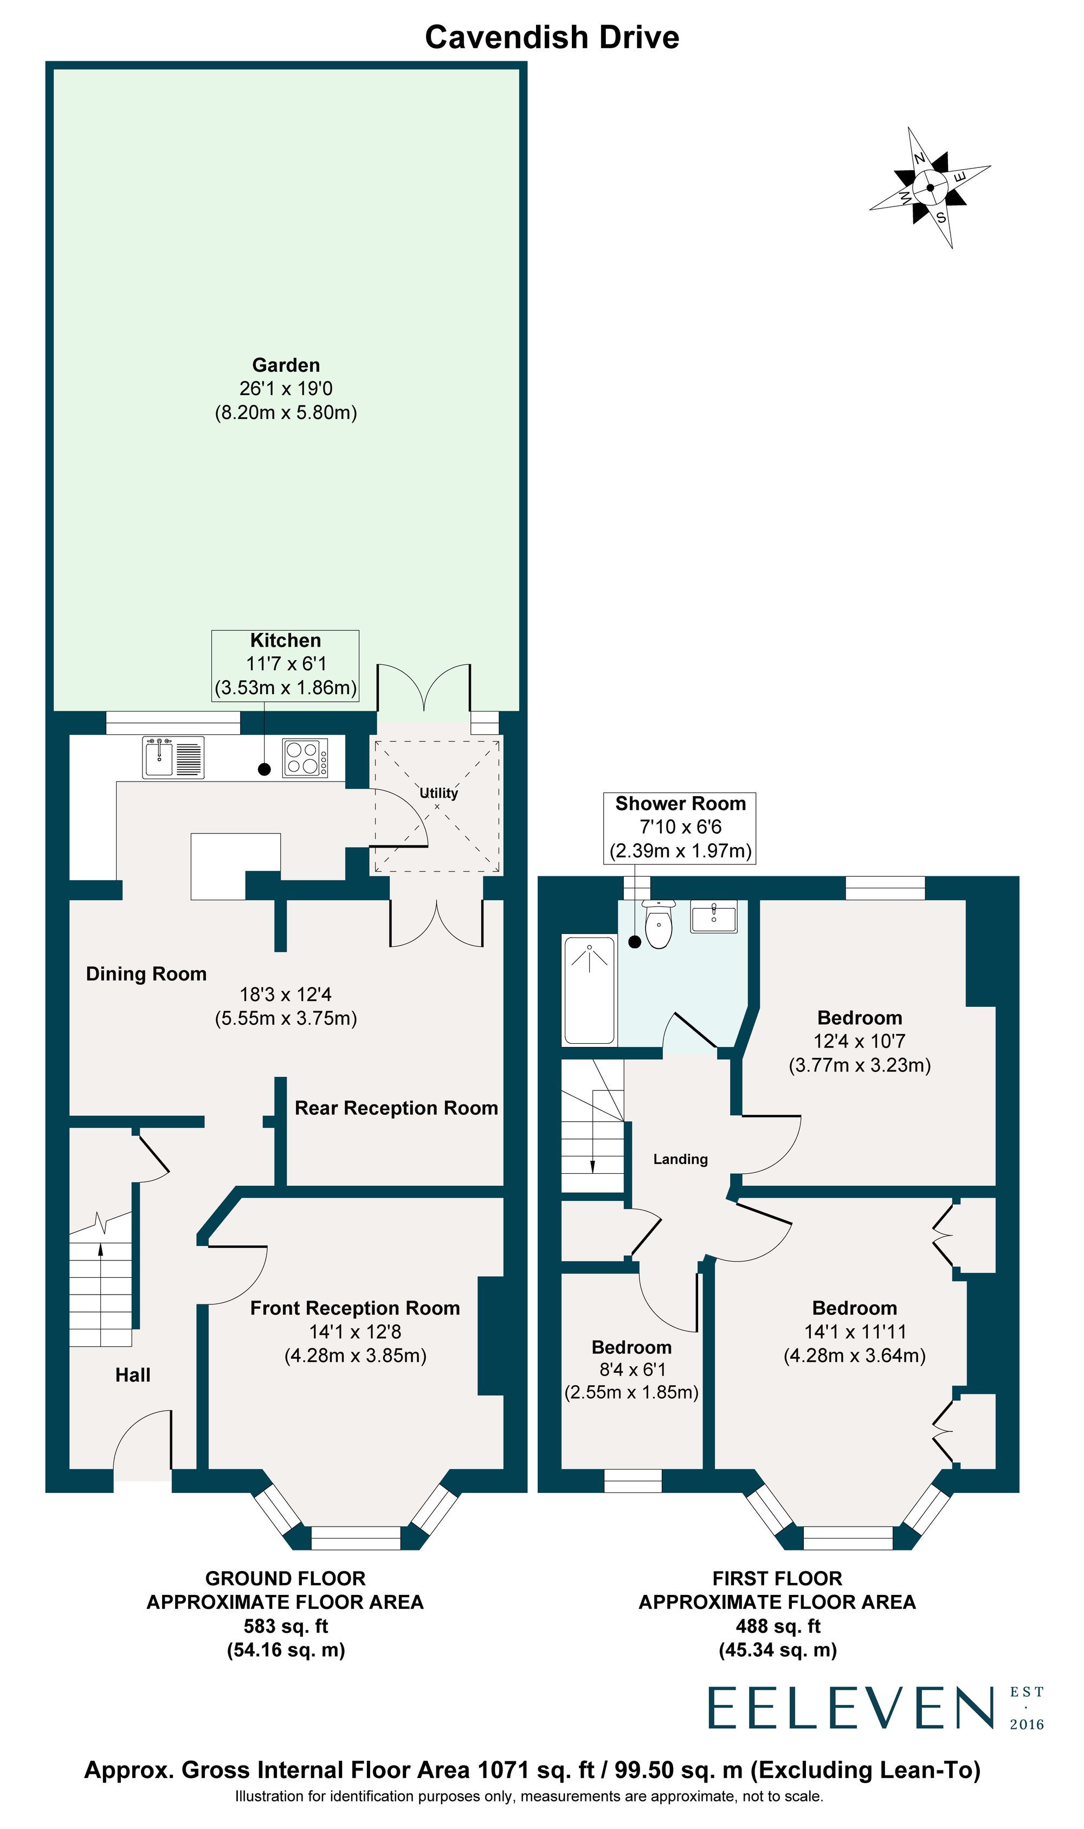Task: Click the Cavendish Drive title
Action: pyautogui.click(x=552, y=37)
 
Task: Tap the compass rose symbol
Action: pyautogui.click(x=930, y=188)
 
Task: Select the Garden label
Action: pyautogui.click(x=286, y=365)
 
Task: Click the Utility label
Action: pyautogui.click(x=438, y=793)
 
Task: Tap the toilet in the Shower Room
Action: pyautogui.click(x=659, y=926)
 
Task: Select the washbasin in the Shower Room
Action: pyautogui.click(x=714, y=917)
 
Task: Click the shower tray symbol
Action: pyautogui.click(x=589, y=990)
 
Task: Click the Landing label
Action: pyautogui.click(x=680, y=1160)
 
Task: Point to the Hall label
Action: pyautogui.click(x=133, y=1375)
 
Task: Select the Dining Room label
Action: pyautogui.click(x=146, y=974)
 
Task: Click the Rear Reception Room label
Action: pyautogui.click(x=396, y=1108)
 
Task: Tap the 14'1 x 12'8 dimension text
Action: pyautogui.click(x=355, y=1332)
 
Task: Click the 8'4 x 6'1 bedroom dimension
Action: pyautogui.click(x=632, y=1370)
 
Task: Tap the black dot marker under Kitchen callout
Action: pyautogui.click(x=264, y=769)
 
